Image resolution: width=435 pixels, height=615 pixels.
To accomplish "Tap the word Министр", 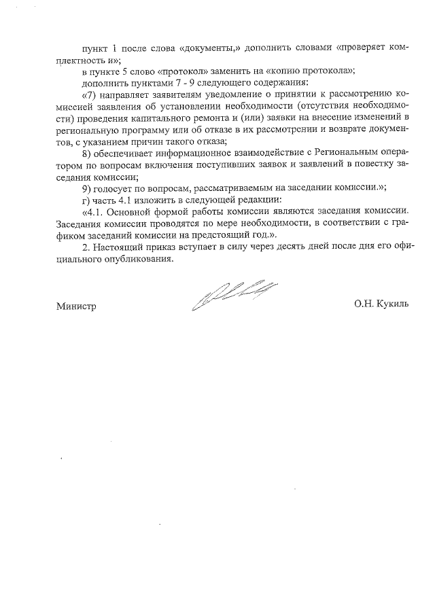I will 76,306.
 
